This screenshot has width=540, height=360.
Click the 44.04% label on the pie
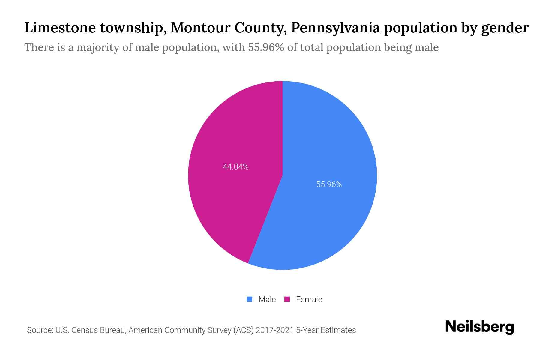pyautogui.click(x=235, y=167)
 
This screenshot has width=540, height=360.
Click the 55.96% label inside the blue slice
pyautogui.click(x=329, y=184)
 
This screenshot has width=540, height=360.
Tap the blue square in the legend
pyautogui.click(x=249, y=299)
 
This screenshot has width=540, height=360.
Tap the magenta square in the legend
pyautogui.click(x=287, y=299)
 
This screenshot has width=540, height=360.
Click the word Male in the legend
pyautogui.click(x=267, y=299)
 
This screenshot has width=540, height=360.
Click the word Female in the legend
pyautogui.click(x=309, y=299)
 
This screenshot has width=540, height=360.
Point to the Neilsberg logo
pyautogui.click(x=479, y=327)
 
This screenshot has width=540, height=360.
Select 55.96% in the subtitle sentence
pyautogui.click(x=266, y=47)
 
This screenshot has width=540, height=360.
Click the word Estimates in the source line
pyautogui.click(x=338, y=330)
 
